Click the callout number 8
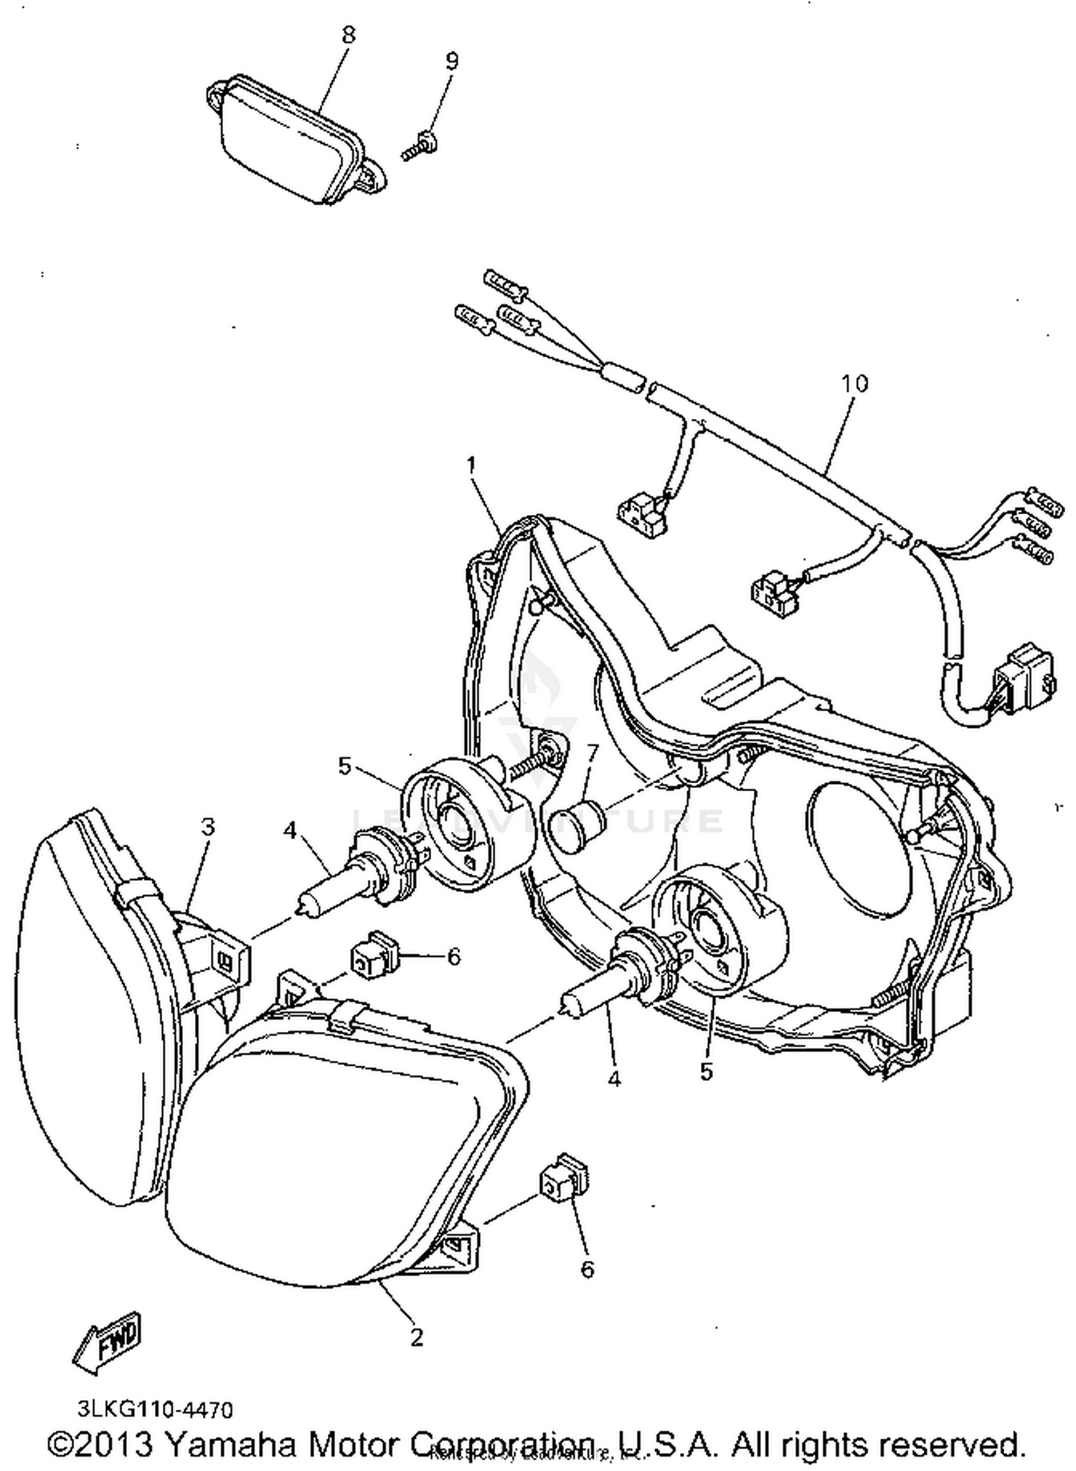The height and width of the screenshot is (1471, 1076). pos(349,35)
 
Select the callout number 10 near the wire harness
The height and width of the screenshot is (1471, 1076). pos(854,384)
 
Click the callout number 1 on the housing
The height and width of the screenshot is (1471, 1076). pos(471,466)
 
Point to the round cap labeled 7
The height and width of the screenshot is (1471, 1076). pos(576,827)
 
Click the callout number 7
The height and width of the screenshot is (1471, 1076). pos(593,753)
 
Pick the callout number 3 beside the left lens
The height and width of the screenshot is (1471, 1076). pos(207,827)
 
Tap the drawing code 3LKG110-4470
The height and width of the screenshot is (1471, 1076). pos(156,1410)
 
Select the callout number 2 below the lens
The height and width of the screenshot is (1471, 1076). pos(417,1336)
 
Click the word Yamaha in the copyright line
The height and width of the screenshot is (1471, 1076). pos(229,1443)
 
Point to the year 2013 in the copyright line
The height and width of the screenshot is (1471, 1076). pos(117,1443)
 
